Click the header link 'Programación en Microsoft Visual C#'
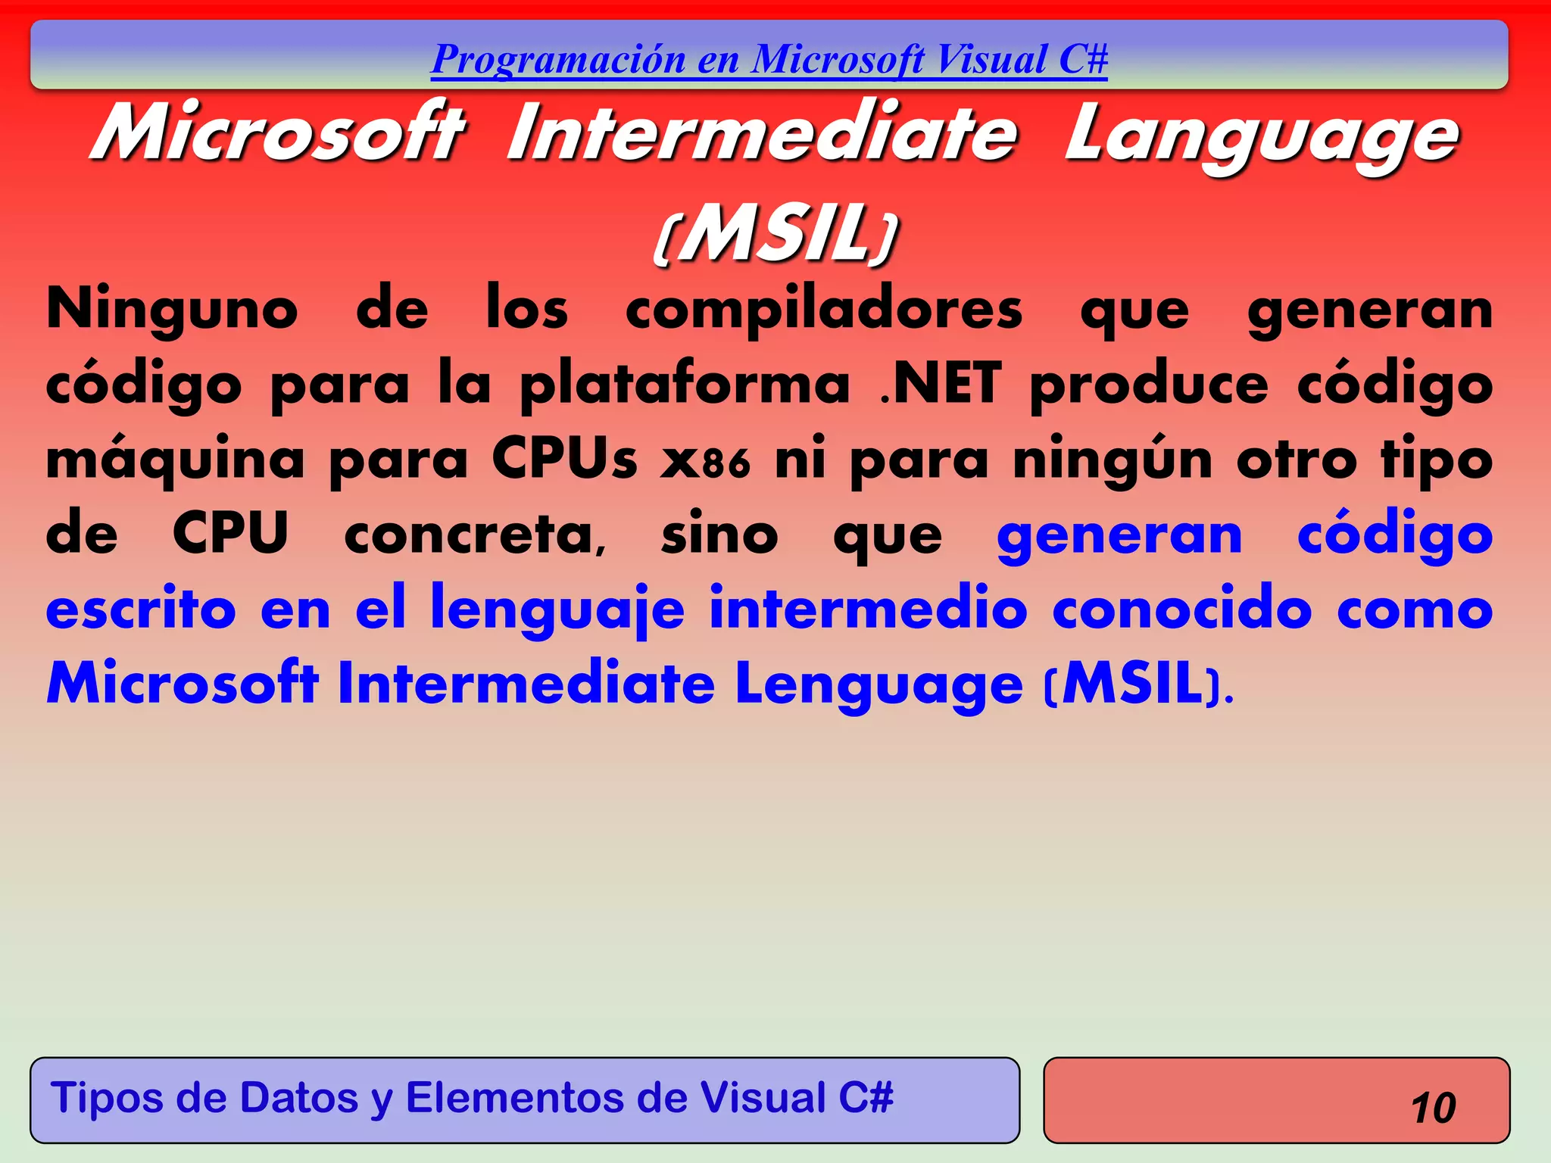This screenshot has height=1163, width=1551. pyautogui.click(x=769, y=59)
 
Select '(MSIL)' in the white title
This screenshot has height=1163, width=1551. pyautogui.click(x=775, y=235)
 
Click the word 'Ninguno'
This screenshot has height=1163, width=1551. pyautogui.click(x=173, y=310)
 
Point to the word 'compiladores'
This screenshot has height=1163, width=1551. pyautogui.click(x=824, y=310)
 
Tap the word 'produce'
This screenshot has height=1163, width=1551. pyautogui.click(x=1149, y=385)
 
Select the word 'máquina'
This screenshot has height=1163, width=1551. pyautogui.click(x=175, y=460)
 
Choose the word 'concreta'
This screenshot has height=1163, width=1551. pyautogui.click(x=475, y=535)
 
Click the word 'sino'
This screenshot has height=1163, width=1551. pyautogui.click(x=719, y=535)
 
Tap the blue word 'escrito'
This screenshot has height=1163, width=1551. pyautogui.click(x=141, y=610)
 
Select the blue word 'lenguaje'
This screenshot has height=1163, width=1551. pyautogui.click(x=557, y=610)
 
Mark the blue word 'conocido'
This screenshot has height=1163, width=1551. pyautogui.click(x=1181, y=610)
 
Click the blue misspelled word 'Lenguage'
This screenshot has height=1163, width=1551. pyautogui.click(x=878, y=684)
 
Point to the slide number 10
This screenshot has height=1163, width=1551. pyautogui.click(x=1433, y=1108)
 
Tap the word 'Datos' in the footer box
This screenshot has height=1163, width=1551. pyautogui.click(x=298, y=1098)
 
